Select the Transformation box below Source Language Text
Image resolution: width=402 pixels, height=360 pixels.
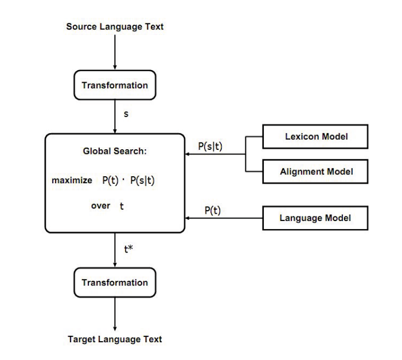pyautogui.click(x=115, y=85)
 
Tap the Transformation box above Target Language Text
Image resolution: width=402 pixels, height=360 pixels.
pyautogui.click(x=115, y=282)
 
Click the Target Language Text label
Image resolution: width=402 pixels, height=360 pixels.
pyautogui.click(x=115, y=339)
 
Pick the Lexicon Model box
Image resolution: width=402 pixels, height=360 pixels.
pyautogui.click(x=315, y=137)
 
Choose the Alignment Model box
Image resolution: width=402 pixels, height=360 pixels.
pyautogui.click(x=315, y=171)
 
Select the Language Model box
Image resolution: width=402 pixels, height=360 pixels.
pyautogui.click(x=315, y=218)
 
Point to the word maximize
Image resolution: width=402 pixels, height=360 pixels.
pyautogui.click(x=72, y=180)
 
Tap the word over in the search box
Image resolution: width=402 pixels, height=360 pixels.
pyautogui.click(x=100, y=206)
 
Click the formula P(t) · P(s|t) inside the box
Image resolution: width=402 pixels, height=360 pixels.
pyautogui.click(x=129, y=180)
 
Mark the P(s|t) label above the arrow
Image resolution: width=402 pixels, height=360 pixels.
pyautogui.click(x=210, y=146)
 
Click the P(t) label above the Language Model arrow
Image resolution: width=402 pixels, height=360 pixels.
pyautogui.click(x=213, y=211)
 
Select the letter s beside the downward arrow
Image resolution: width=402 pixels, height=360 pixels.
pyautogui.click(x=126, y=114)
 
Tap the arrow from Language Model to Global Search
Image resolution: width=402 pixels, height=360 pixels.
pyautogui.click(x=224, y=218)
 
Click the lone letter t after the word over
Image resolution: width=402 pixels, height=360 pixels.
pyautogui.click(x=122, y=206)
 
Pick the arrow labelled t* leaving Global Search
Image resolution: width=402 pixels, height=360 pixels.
pyautogui.click(x=115, y=250)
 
